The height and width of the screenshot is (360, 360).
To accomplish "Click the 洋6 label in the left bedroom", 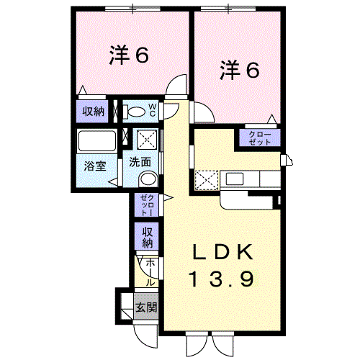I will (130, 55).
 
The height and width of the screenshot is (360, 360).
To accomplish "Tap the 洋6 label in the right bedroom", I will (239, 71).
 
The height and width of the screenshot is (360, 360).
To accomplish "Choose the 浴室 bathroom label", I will (95, 165).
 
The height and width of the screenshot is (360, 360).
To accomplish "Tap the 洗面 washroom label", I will (140, 162).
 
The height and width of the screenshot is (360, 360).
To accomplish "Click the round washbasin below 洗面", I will (148, 179).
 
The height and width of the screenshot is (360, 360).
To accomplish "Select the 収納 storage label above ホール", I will (146, 236).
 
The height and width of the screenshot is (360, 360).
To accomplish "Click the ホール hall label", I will (150, 272).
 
